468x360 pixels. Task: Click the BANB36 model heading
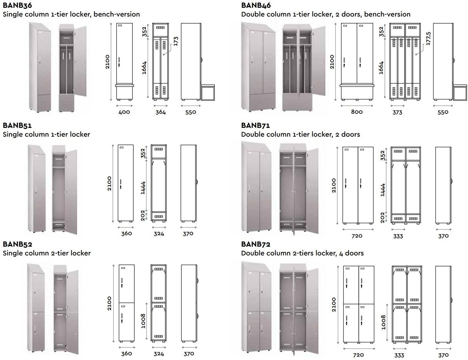(17, 5)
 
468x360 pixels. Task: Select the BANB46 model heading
(256, 5)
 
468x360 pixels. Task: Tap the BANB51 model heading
(17, 126)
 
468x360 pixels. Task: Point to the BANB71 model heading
(256, 126)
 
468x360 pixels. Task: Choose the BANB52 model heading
(17, 244)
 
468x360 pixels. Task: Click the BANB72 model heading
(256, 244)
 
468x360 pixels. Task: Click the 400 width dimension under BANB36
(124, 112)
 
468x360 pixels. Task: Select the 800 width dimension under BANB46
(357, 112)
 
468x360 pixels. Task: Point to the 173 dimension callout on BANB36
(175, 41)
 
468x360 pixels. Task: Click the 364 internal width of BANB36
(160, 112)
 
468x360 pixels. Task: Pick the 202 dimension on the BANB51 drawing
(143, 215)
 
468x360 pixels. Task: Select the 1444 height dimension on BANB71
(383, 190)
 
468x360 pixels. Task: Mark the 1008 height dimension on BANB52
(143, 321)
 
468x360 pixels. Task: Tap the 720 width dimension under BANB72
(358, 355)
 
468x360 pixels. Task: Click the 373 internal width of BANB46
(397, 112)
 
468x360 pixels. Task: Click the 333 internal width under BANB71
(398, 236)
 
